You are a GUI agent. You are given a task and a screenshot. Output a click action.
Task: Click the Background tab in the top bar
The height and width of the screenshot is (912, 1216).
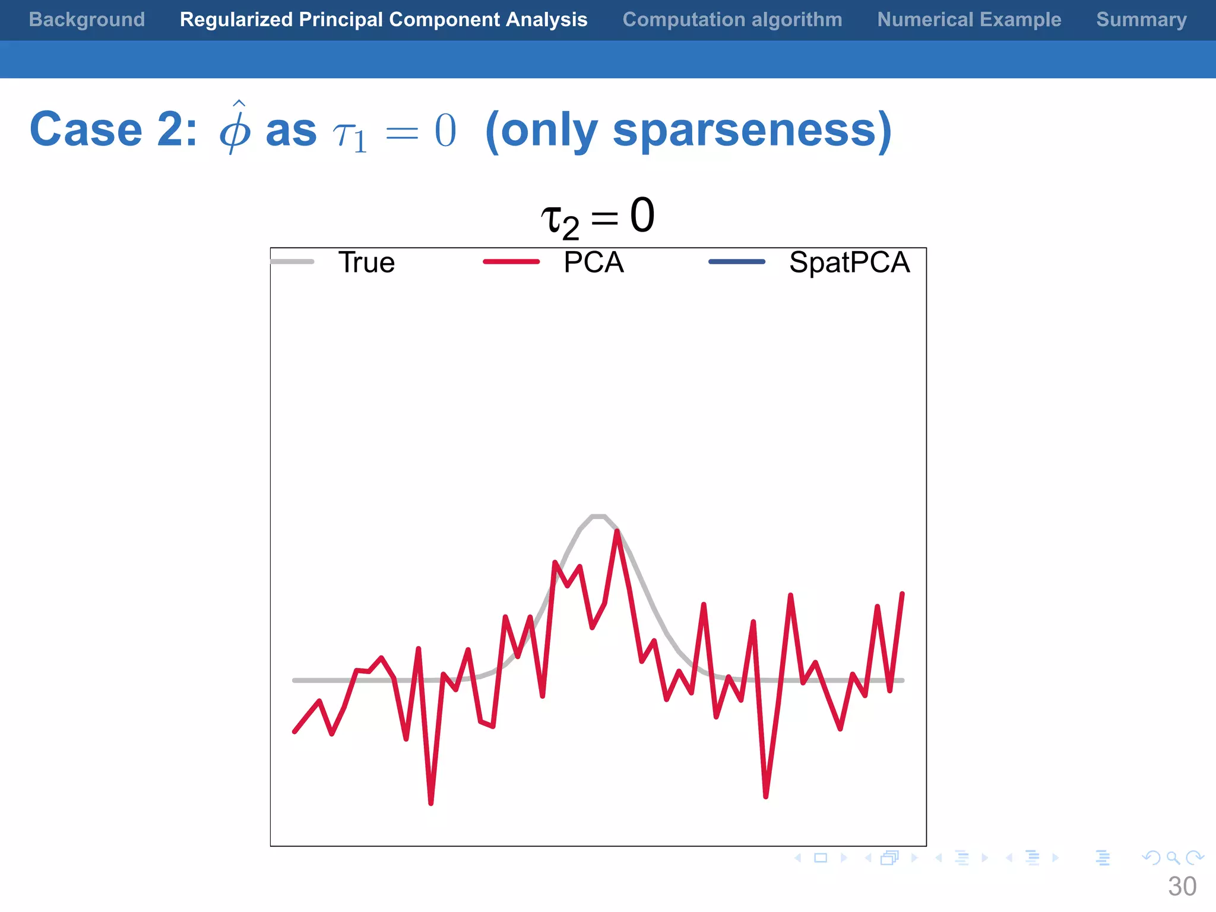click(x=87, y=20)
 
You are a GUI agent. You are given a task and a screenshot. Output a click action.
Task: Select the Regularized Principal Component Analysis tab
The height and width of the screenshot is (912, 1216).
click(x=384, y=20)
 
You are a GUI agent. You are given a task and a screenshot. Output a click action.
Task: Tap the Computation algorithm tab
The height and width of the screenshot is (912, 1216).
click(x=732, y=20)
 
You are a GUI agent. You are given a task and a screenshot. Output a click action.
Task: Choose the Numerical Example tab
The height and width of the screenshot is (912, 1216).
click(x=969, y=20)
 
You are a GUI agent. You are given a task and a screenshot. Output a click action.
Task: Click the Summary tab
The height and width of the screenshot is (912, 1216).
click(x=1141, y=20)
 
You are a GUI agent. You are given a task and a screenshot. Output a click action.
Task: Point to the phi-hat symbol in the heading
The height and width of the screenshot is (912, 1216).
click(x=236, y=128)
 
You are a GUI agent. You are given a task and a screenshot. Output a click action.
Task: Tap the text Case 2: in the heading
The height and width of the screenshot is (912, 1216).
click(x=113, y=129)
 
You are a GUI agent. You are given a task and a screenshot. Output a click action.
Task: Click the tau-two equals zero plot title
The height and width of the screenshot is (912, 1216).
click(x=597, y=217)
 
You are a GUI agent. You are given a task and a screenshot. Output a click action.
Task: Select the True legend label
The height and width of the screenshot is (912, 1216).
click(x=366, y=262)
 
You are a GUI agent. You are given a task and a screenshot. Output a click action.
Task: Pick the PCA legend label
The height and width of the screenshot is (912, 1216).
click(x=594, y=262)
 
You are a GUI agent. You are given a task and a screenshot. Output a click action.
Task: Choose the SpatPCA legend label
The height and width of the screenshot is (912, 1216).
click(x=849, y=262)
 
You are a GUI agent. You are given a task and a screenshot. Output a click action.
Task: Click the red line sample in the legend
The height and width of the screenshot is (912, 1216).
click(x=511, y=262)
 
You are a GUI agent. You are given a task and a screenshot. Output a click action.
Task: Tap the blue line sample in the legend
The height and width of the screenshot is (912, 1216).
click(x=737, y=262)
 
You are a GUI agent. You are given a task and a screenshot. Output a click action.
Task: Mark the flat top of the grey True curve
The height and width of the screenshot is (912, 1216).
click(x=598, y=517)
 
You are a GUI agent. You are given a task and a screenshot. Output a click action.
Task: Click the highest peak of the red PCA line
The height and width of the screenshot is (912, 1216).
click(x=617, y=532)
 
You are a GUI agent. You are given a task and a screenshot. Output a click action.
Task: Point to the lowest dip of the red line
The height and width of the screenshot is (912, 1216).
click(x=431, y=803)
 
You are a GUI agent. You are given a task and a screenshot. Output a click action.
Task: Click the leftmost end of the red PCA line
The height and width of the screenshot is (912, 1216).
click(x=295, y=731)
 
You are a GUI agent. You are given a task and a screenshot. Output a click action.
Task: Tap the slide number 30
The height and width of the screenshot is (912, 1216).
click(x=1182, y=886)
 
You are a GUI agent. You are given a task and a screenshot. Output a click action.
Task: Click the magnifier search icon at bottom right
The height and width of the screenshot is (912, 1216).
click(x=1173, y=857)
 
